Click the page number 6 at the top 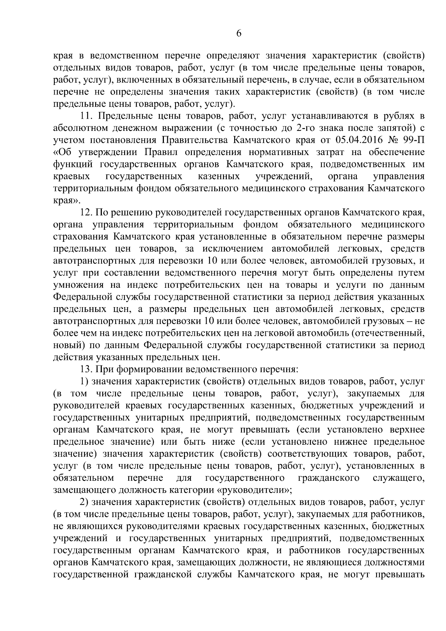tap(239, 33)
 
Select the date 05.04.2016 tap(356, 140)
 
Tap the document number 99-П tap(412, 140)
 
